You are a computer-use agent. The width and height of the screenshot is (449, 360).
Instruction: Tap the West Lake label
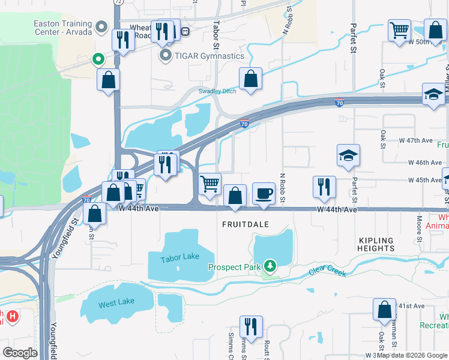[116, 303]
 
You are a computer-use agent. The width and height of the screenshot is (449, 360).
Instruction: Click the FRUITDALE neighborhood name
[247, 223]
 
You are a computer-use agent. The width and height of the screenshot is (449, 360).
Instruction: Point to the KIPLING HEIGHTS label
[376, 244]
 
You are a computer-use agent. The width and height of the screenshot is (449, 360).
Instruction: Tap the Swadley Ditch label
[217, 91]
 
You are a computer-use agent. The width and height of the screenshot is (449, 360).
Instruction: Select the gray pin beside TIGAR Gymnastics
[165, 56]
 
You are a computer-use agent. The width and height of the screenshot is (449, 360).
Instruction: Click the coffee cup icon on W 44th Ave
[264, 193]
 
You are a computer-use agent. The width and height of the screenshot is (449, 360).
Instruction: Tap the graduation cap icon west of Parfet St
[348, 155]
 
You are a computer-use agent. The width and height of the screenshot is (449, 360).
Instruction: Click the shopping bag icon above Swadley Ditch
[250, 78]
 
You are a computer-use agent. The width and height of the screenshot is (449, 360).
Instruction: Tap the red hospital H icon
[10, 314]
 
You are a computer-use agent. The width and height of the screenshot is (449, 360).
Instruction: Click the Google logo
[20, 353]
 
